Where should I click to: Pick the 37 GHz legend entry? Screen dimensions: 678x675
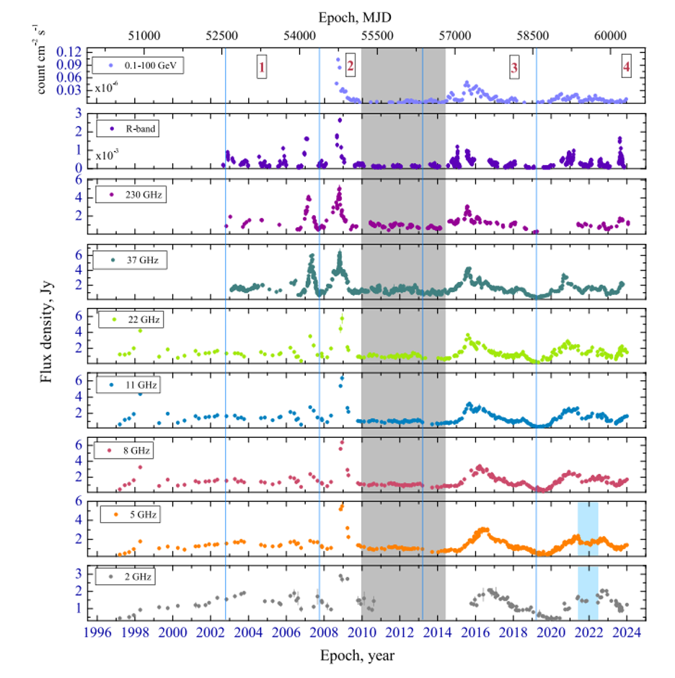point(131,260)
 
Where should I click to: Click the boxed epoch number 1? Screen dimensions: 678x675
point(262,68)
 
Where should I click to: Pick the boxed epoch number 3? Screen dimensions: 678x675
point(514,68)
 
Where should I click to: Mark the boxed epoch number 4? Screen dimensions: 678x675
point(626,67)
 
